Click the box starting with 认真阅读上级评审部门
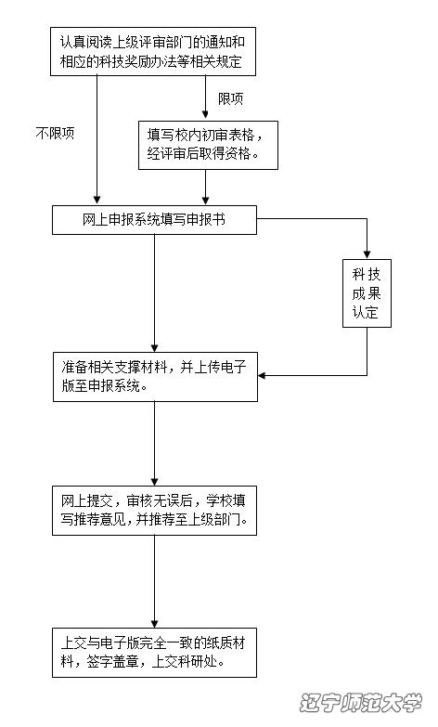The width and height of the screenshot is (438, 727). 153,51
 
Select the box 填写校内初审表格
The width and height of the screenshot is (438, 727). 208,145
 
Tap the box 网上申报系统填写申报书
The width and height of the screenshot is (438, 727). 154,220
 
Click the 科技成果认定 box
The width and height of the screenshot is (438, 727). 367,293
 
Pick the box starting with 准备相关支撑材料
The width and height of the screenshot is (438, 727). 155,377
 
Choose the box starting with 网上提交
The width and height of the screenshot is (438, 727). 154,511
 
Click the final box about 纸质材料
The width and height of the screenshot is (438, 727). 154,653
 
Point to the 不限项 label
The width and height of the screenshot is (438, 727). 55,134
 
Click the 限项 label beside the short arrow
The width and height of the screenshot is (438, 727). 231,98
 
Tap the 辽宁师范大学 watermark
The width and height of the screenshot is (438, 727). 361,703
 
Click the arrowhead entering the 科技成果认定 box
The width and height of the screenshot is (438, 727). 367,255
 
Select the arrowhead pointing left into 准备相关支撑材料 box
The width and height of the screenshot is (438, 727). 262,375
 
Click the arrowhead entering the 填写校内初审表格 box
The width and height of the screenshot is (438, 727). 205,114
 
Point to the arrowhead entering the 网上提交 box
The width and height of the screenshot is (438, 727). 155,482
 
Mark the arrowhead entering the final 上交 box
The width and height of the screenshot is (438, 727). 155,624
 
